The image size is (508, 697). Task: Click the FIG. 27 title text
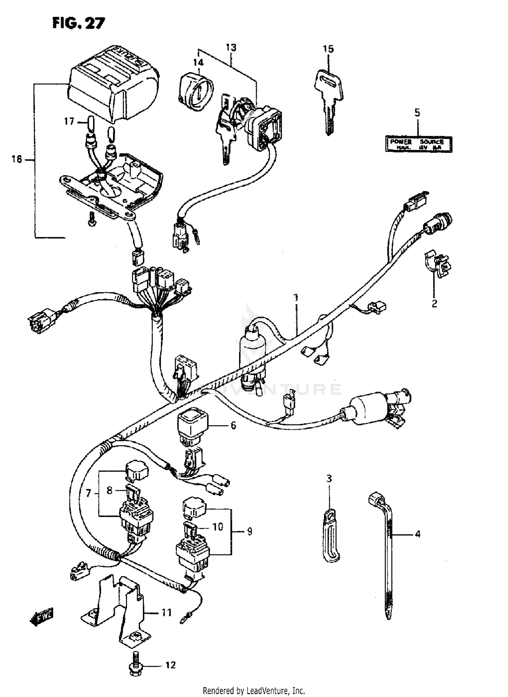pos(79,24)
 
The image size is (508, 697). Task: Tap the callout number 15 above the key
pos(328,49)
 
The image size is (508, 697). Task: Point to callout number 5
pos(417,112)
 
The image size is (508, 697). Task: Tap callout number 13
pos(231,47)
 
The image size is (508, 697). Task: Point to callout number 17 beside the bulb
pos(69,121)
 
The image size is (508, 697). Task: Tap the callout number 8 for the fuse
pos(109,490)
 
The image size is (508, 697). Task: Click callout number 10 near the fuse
pos(218,527)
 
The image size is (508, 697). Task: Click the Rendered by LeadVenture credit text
pos(254,690)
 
